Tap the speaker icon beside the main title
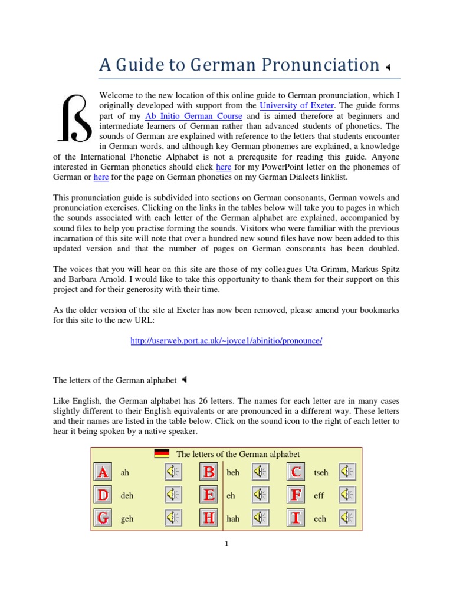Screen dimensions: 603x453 [388, 68]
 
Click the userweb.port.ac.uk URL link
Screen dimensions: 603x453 [226, 341]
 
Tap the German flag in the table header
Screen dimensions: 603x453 [162, 453]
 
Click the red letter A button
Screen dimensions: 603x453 [103, 472]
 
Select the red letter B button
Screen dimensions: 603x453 [209, 472]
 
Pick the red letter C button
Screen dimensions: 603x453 [297, 472]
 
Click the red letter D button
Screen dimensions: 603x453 [103, 495]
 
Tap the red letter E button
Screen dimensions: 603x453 [209, 495]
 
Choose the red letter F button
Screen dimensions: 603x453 [297, 495]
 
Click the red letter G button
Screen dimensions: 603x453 [103, 518]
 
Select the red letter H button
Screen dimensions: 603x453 [209, 518]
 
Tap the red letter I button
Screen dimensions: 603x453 [297, 518]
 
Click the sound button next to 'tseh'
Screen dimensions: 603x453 [348, 472]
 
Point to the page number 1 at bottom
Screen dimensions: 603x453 [226, 544]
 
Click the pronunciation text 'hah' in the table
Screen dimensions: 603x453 [232, 519]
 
